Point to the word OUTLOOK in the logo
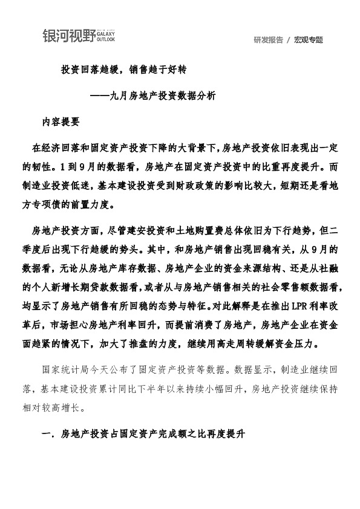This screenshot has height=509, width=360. click(106, 40)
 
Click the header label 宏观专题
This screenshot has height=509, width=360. click(309, 40)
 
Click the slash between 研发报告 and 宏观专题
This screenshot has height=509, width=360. click(289, 40)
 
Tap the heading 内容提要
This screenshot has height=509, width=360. click(61, 121)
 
